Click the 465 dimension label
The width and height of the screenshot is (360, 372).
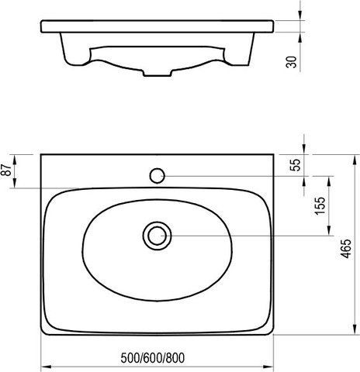[x=346, y=249]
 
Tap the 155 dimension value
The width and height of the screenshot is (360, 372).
[x=320, y=206]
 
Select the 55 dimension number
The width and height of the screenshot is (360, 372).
[x=296, y=165]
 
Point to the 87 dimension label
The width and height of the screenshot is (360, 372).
[x=6, y=170]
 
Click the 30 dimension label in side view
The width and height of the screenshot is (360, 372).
[x=291, y=62]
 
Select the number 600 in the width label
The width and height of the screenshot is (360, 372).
[x=153, y=358]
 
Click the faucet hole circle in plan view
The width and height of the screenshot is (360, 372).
[x=157, y=176]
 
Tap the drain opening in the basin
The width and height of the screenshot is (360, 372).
[x=157, y=236]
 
